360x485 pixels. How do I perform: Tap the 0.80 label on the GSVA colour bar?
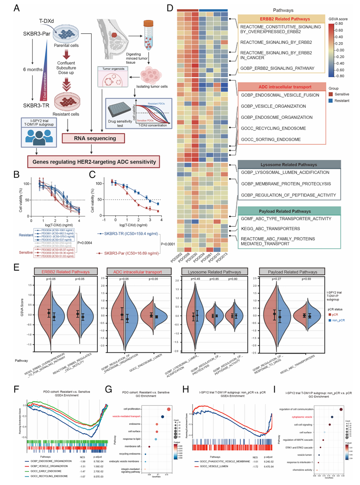tap(345, 23)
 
